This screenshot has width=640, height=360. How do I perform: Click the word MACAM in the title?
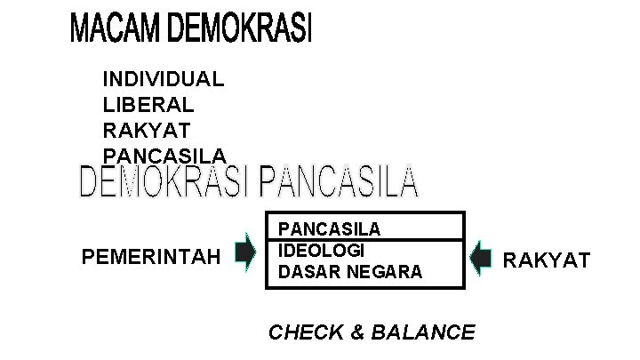pyautogui.click(x=115, y=30)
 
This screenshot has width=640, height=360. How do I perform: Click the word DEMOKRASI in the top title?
pyautogui.click(x=239, y=30)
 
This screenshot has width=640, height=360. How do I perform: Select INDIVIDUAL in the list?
pyautogui.click(x=164, y=78)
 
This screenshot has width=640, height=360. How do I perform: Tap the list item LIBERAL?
pyautogui.click(x=148, y=104)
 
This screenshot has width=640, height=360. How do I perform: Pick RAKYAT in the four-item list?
pyautogui.click(x=147, y=130)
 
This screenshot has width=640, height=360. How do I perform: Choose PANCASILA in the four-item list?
pyautogui.click(x=164, y=156)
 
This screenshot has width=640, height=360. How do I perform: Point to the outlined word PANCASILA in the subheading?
pyautogui.click(x=339, y=182)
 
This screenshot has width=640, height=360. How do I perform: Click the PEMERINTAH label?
pyautogui.click(x=151, y=259)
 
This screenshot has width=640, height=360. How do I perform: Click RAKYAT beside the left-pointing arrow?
pyautogui.click(x=547, y=260)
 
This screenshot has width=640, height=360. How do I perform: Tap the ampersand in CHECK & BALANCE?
pyautogui.click(x=358, y=332)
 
